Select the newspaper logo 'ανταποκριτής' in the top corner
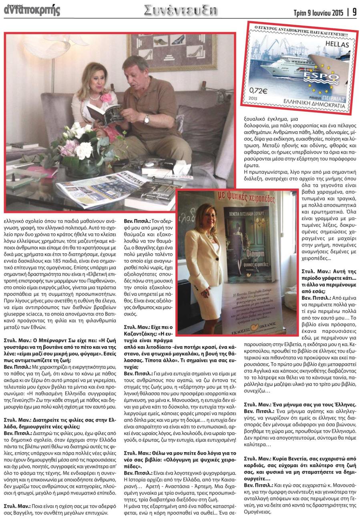pos(32,10)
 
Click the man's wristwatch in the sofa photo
pos(147,119)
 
